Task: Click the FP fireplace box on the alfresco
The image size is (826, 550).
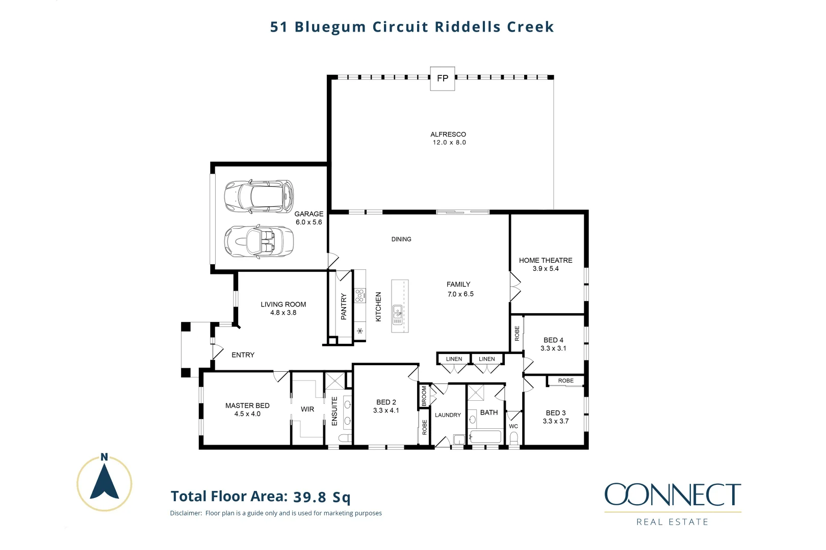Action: pyautogui.click(x=442, y=78)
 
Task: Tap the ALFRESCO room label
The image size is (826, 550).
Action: pyautogui.click(x=448, y=134)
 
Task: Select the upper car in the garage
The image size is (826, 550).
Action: pyautogui.click(x=259, y=196)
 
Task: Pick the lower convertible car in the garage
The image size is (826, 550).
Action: pyautogui.click(x=259, y=241)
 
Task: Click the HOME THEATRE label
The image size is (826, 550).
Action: pyautogui.click(x=546, y=260)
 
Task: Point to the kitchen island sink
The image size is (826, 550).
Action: pyautogui.click(x=397, y=315)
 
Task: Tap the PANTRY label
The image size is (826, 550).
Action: pyautogui.click(x=344, y=306)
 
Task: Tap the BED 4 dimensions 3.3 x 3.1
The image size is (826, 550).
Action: pyautogui.click(x=553, y=348)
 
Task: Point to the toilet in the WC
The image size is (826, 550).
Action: pyautogui.click(x=514, y=438)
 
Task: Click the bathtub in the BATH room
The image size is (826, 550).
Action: pyautogui.click(x=485, y=437)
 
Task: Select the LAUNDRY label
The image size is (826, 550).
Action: pyautogui.click(x=448, y=415)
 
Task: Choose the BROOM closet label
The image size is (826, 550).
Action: pyautogui.click(x=424, y=396)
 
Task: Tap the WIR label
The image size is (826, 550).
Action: pyautogui.click(x=307, y=409)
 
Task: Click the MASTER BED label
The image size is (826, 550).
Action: pyautogui.click(x=247, y=405)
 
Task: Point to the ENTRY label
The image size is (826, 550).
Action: pyautogui.click(x=243, y=355)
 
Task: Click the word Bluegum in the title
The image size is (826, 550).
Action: pyautogui.click(x=330, y=27)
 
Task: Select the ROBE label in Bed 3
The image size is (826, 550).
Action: pyautogui.click(x=565, y=381)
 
